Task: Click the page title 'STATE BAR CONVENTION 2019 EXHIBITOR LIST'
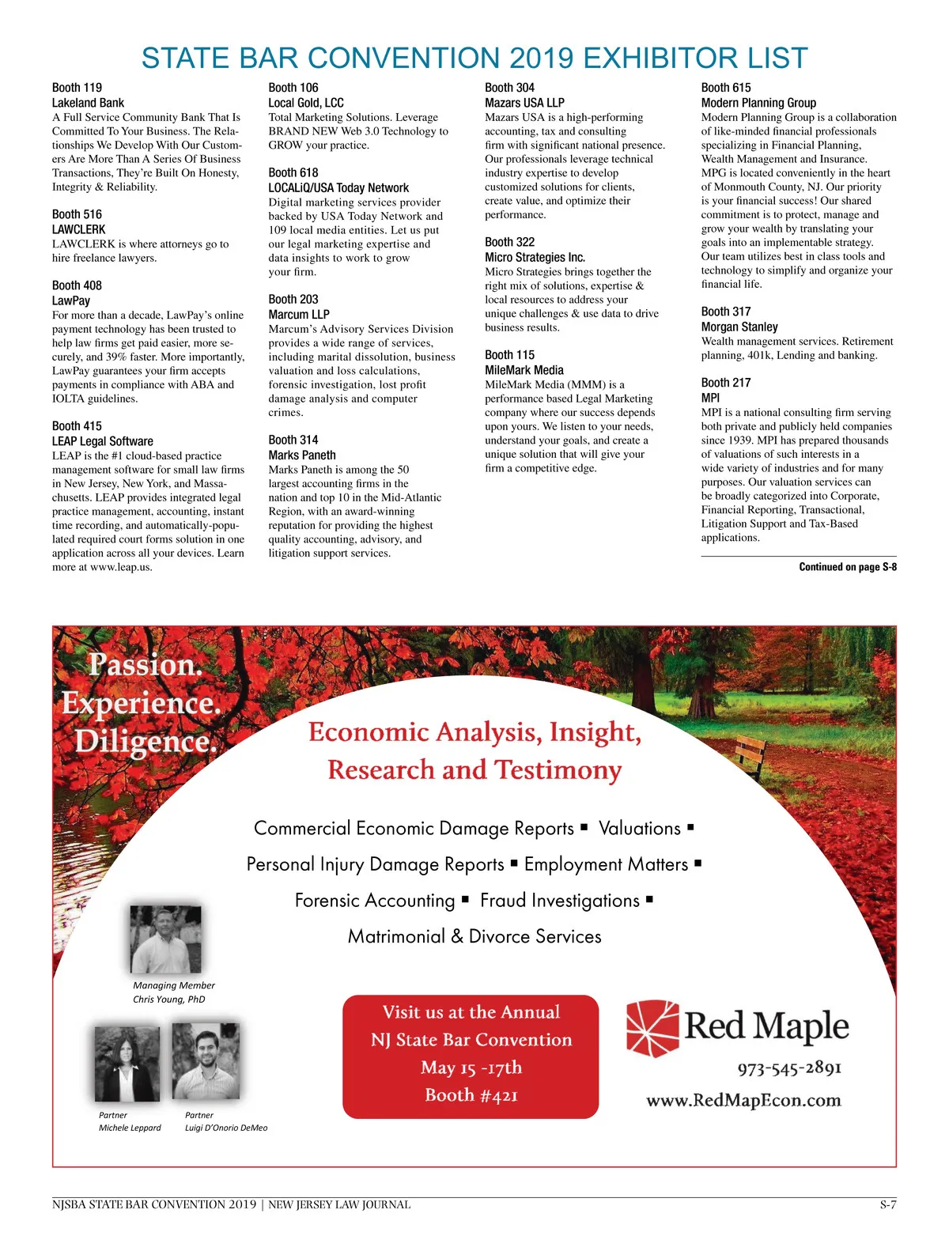[475, 59]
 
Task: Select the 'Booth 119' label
[77, 88]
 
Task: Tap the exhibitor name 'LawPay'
[71, 300]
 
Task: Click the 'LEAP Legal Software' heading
[103, 441]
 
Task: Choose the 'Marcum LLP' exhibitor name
[299, 314]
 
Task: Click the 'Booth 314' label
[293, 440]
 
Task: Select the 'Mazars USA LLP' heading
[524, 103]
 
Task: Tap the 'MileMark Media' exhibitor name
[524, 370]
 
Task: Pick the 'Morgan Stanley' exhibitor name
[739, 327]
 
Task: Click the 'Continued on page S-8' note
[848, 567]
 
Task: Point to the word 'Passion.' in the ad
[146, 665]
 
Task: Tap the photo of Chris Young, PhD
[165, 939]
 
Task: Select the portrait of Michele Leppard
[127, 1064]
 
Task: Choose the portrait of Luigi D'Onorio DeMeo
[206, 1061]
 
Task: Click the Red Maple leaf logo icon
[652, 1028]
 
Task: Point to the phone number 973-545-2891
[789, 1068]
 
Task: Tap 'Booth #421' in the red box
[471, 1095]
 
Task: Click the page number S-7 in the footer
[887, 1205]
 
